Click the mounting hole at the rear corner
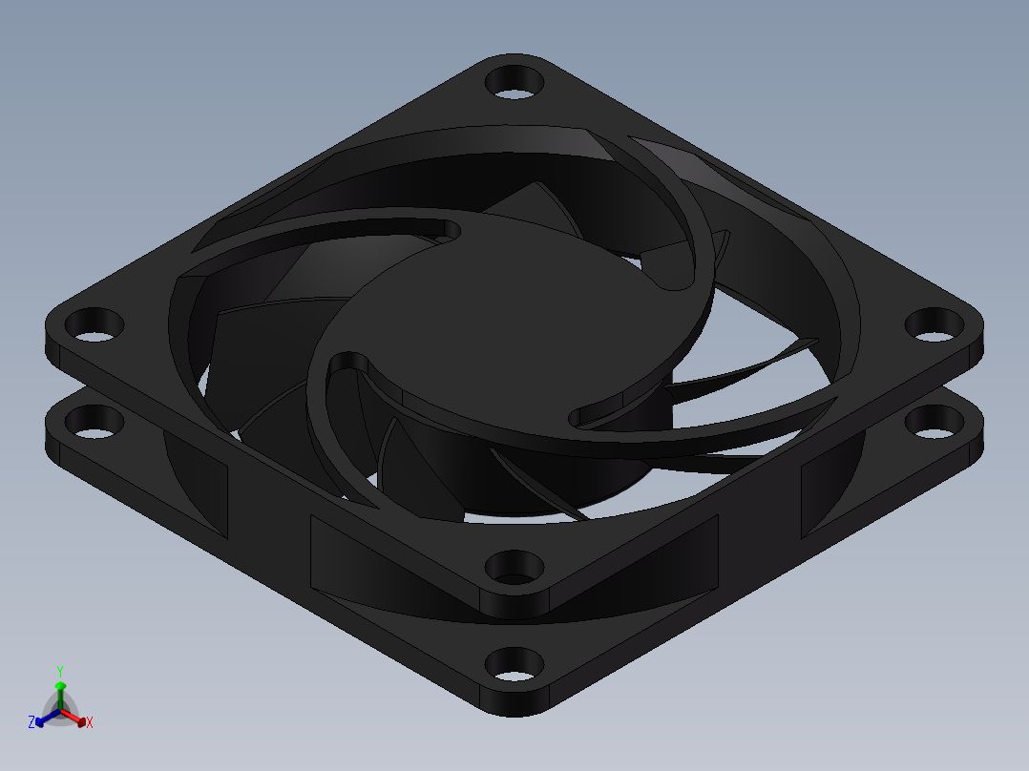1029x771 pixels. (x=514, y=80)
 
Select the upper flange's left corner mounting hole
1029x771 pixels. (x=95, y=325)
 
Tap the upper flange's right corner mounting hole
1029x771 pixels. (x=933, y=324)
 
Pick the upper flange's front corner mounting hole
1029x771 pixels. (x=514, y=568)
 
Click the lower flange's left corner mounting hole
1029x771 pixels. (x=94, y=421)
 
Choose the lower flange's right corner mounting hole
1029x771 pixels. (x=933, y=420)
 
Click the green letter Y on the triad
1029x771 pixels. (x=60, y=671)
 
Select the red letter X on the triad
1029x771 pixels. (x=90, y=723)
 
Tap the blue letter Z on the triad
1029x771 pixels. (x=31, y=723)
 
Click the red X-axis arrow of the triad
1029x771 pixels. (x=78, y=719)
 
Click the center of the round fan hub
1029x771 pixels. (x=515, y=315)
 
